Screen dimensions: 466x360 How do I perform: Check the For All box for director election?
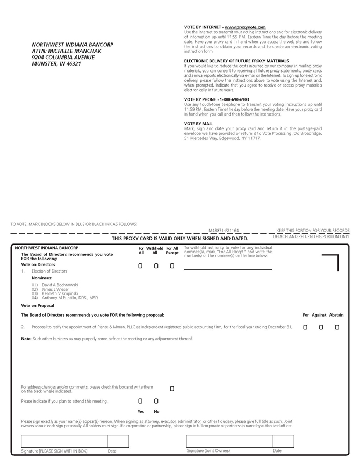coord(140,266)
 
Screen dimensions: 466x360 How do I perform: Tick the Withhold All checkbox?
coord(156,266)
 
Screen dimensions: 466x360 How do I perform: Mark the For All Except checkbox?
coord(172,266)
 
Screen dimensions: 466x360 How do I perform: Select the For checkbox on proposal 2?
coord(305,327)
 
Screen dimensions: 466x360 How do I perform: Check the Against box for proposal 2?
coord(321,327)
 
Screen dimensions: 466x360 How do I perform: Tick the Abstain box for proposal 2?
coord(337,327)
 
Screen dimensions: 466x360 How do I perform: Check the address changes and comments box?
coord(172,389)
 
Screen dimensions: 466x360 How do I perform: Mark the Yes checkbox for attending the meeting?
coord(140,401)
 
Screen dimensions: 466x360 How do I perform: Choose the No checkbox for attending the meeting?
coord(156,401)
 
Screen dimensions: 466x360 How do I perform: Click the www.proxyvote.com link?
coord(245,27)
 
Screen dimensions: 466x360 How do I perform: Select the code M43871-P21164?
coord(224,230)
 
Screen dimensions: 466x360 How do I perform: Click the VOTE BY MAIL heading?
coord(198,124)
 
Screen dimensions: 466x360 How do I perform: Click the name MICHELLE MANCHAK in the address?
coord(75,51)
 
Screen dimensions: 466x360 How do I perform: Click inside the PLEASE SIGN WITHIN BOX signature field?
coord(63,441)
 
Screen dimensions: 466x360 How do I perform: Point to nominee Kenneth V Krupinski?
coord(60,293)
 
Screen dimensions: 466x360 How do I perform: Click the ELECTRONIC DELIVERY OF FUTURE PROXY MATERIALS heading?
coord(236,61)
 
